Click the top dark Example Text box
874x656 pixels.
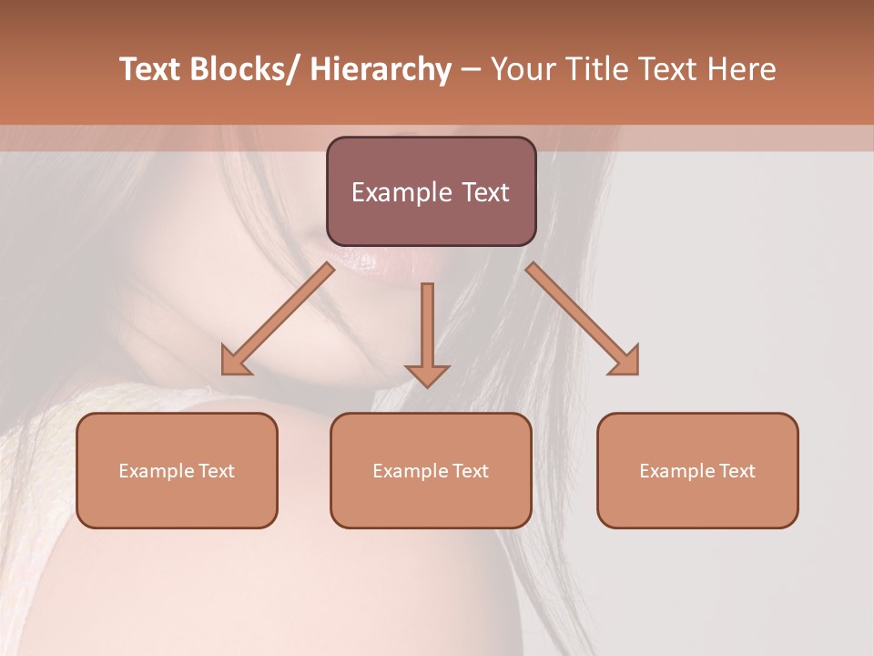tap(431, 191)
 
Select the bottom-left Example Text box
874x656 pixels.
tap(177, 470)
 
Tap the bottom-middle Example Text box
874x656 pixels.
tap(431, 470)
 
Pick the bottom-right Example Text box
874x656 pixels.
tap(697, 470)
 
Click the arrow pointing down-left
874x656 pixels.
tap(278, 319)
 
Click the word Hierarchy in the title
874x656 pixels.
tap(381, 70)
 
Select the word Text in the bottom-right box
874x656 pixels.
tap(737, 470)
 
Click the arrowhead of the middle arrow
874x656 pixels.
tap(427, 375)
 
